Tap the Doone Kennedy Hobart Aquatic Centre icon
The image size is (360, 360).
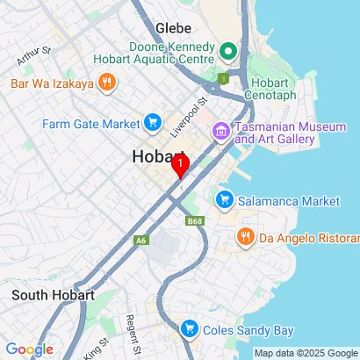(229, 52)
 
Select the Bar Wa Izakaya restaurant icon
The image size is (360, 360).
(107, 83)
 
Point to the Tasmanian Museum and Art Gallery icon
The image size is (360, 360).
(220, 132)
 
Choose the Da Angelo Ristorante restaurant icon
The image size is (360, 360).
(245, 236)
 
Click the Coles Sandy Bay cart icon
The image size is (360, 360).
(188, 330)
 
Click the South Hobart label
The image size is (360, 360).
(53, 295)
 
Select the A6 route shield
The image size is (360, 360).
(141, 240)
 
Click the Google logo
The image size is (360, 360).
(29, 349)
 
